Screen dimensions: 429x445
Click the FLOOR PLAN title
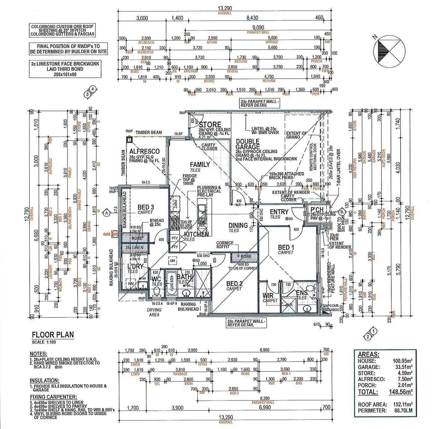tap(53, 335)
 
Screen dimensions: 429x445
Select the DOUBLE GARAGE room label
tap(248, 144)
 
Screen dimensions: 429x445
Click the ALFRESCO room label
tap(144, 151)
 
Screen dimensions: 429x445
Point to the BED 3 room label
tap(146, 207)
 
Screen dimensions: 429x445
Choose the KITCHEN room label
tap(196, 234)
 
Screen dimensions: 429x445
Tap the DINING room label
tap(238, 226)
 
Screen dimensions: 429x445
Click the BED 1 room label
tap(286, 248)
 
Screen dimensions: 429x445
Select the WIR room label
tap(268, 295)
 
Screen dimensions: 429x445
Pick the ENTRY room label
tap(279, 212)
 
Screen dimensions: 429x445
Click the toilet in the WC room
tap(157, 292)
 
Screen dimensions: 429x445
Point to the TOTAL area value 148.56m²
tap(401, 392)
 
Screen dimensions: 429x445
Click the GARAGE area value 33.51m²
tap(402, 367)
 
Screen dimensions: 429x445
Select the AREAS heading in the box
tap(368, 355)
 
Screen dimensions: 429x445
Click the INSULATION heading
tap(44, 381)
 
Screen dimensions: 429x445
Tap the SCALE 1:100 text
tap(44, 342)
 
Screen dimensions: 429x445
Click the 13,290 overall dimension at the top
tap(225, 8)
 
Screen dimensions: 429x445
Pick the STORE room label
tap(210, 125)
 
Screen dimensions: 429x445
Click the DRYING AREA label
tap(154, 312)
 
